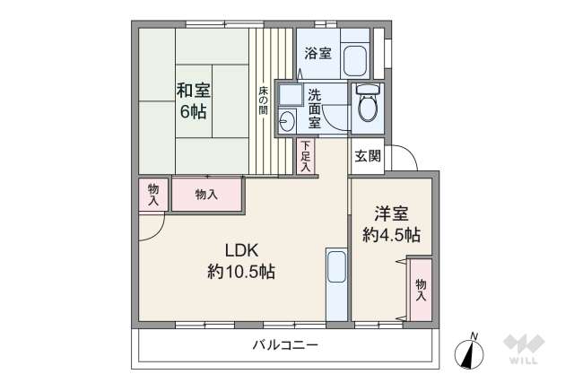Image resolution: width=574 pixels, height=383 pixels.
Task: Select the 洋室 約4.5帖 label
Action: pos(391,224)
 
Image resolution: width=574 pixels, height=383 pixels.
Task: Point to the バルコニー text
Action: pos(284,345)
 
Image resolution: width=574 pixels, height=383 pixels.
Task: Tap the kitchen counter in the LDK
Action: pos(336,283)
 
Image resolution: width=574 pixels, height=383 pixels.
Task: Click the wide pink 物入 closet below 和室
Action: pos(206,194)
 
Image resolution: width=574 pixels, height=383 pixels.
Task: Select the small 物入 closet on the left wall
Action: pos(153,194)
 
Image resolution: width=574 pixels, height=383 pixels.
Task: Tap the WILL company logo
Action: pos(524,349)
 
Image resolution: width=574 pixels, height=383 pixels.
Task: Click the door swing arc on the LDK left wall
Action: pos(151,230)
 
